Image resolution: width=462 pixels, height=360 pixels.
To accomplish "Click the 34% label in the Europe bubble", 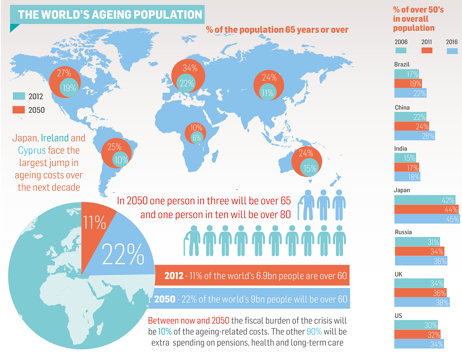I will (x=190, y=68).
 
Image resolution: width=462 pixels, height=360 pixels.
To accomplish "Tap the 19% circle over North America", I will (x=69, y=88).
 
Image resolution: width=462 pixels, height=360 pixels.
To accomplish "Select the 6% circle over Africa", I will (x=197, y=137).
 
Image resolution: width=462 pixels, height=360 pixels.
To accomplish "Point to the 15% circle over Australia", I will (x=310, y=168).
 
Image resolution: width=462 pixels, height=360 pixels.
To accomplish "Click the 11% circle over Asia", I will (x=267, y=93).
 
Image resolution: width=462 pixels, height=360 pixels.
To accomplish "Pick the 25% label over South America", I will (x=114, y=147).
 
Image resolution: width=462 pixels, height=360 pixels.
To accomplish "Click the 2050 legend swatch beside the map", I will (x=19, y=110).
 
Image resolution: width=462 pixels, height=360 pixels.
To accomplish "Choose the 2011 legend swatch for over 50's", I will (x=427, y=50).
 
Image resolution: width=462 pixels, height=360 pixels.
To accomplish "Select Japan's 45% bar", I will (x=427, y=219).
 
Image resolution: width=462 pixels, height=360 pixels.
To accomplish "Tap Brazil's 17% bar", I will (x=406, y=74).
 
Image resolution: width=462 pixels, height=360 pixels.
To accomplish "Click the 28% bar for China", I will (x=414, y=136).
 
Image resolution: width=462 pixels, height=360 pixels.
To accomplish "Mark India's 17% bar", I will (x=406, y=167).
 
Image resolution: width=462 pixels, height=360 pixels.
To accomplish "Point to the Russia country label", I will (x=403, y=232).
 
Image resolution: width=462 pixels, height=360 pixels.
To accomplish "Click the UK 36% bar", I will (x=420, y=293).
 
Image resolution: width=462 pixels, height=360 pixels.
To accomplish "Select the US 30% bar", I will (x=416, y=325).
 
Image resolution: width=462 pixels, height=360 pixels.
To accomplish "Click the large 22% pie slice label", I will (x=123, y=255).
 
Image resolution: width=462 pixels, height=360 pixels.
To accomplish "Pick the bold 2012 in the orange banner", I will (x=174, y=276).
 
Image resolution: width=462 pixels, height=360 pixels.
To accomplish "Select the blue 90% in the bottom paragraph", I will (x=314, y=331).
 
